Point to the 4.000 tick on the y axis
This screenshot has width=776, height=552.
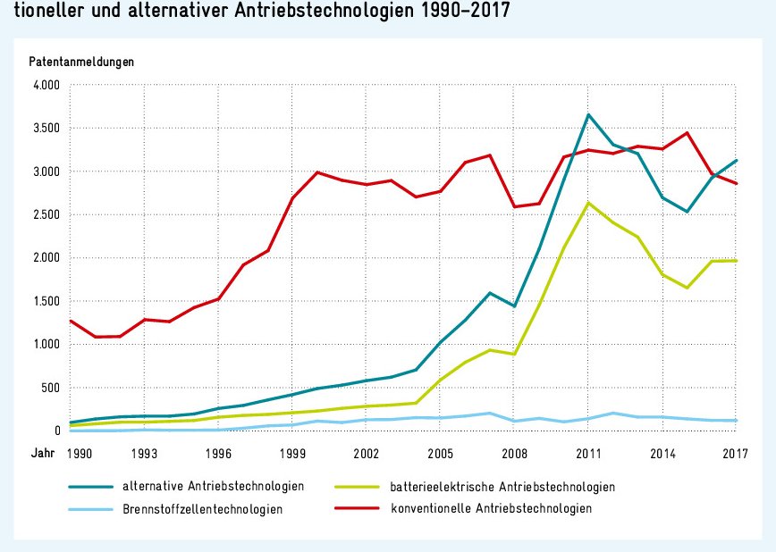tap(45, 86)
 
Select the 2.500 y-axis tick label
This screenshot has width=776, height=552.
tap(45, 215)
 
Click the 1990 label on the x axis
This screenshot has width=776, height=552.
tap(81, 454)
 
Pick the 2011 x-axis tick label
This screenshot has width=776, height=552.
tap(588, 454)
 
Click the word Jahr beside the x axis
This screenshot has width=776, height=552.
tap(42, 454)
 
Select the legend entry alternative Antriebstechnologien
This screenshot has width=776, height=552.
tap(214, 487)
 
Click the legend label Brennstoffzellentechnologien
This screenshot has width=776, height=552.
tap(203, 509)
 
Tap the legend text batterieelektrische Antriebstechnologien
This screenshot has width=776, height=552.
tap(502, 487)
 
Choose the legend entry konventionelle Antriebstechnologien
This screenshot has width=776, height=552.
tap(491, 509)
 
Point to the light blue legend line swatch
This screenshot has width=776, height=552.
tap(90, 509)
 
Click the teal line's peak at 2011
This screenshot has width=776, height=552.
tap(588, 114)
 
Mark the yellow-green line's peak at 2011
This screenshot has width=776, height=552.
tap(588, 203)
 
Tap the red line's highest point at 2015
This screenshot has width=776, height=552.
tap(686, 133)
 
